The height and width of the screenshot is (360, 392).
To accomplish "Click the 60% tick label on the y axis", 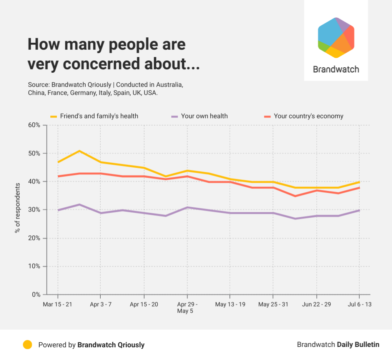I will click(x=34, y=125).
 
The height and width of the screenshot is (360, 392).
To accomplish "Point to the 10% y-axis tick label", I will click(x=34, y=266).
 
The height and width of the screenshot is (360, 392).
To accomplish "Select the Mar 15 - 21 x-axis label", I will click(x=58, y=304).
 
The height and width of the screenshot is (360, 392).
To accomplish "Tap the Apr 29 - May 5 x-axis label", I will click(x=187, y=307).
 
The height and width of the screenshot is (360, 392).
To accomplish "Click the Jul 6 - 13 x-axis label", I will click(x=359, y=304).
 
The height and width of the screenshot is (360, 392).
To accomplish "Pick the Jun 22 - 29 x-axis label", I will click(x=316, y=304).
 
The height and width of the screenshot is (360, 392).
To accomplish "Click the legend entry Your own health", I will click(x=204, y=116).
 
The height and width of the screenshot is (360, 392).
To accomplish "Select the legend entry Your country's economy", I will click(x=308, y=116).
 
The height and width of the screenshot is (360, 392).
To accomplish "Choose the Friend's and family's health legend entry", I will click(x=99, y=116).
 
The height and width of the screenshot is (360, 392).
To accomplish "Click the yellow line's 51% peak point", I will click(x=79, y=151).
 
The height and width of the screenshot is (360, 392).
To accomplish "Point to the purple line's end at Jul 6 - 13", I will click(x=359, y=210).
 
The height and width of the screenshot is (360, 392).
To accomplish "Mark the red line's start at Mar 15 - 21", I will click(x=58, y=176).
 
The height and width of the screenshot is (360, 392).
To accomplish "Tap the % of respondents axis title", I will click(x=17, y=208).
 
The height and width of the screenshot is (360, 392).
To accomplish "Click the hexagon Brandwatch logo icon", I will click(x=336, y=37).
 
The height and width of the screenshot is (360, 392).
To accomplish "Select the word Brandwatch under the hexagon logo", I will click(x=336, y=70).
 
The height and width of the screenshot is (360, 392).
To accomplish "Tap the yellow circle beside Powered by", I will click(x=27, y=345).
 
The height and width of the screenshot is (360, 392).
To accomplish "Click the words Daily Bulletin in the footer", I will click(x=358, y=345).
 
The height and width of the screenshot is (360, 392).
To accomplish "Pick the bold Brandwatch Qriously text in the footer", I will click(x=111, y=345).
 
